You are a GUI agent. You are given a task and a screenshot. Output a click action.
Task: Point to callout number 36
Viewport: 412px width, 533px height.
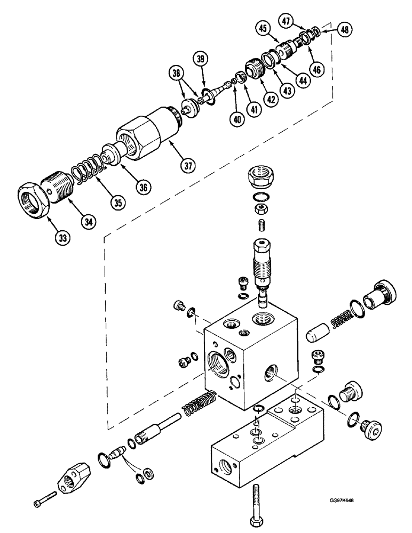144,187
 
